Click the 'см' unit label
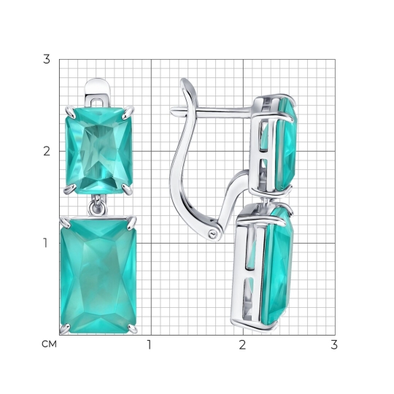tap(50, 344)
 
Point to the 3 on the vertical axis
tap(47, 59)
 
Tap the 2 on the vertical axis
tap(47, 151)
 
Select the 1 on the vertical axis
tap(45, 243)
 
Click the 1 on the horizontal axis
tap(150, 344)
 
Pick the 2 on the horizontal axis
tap(242, 344)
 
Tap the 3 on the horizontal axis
tap(334, 344)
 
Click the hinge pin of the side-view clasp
tap(212, 234)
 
